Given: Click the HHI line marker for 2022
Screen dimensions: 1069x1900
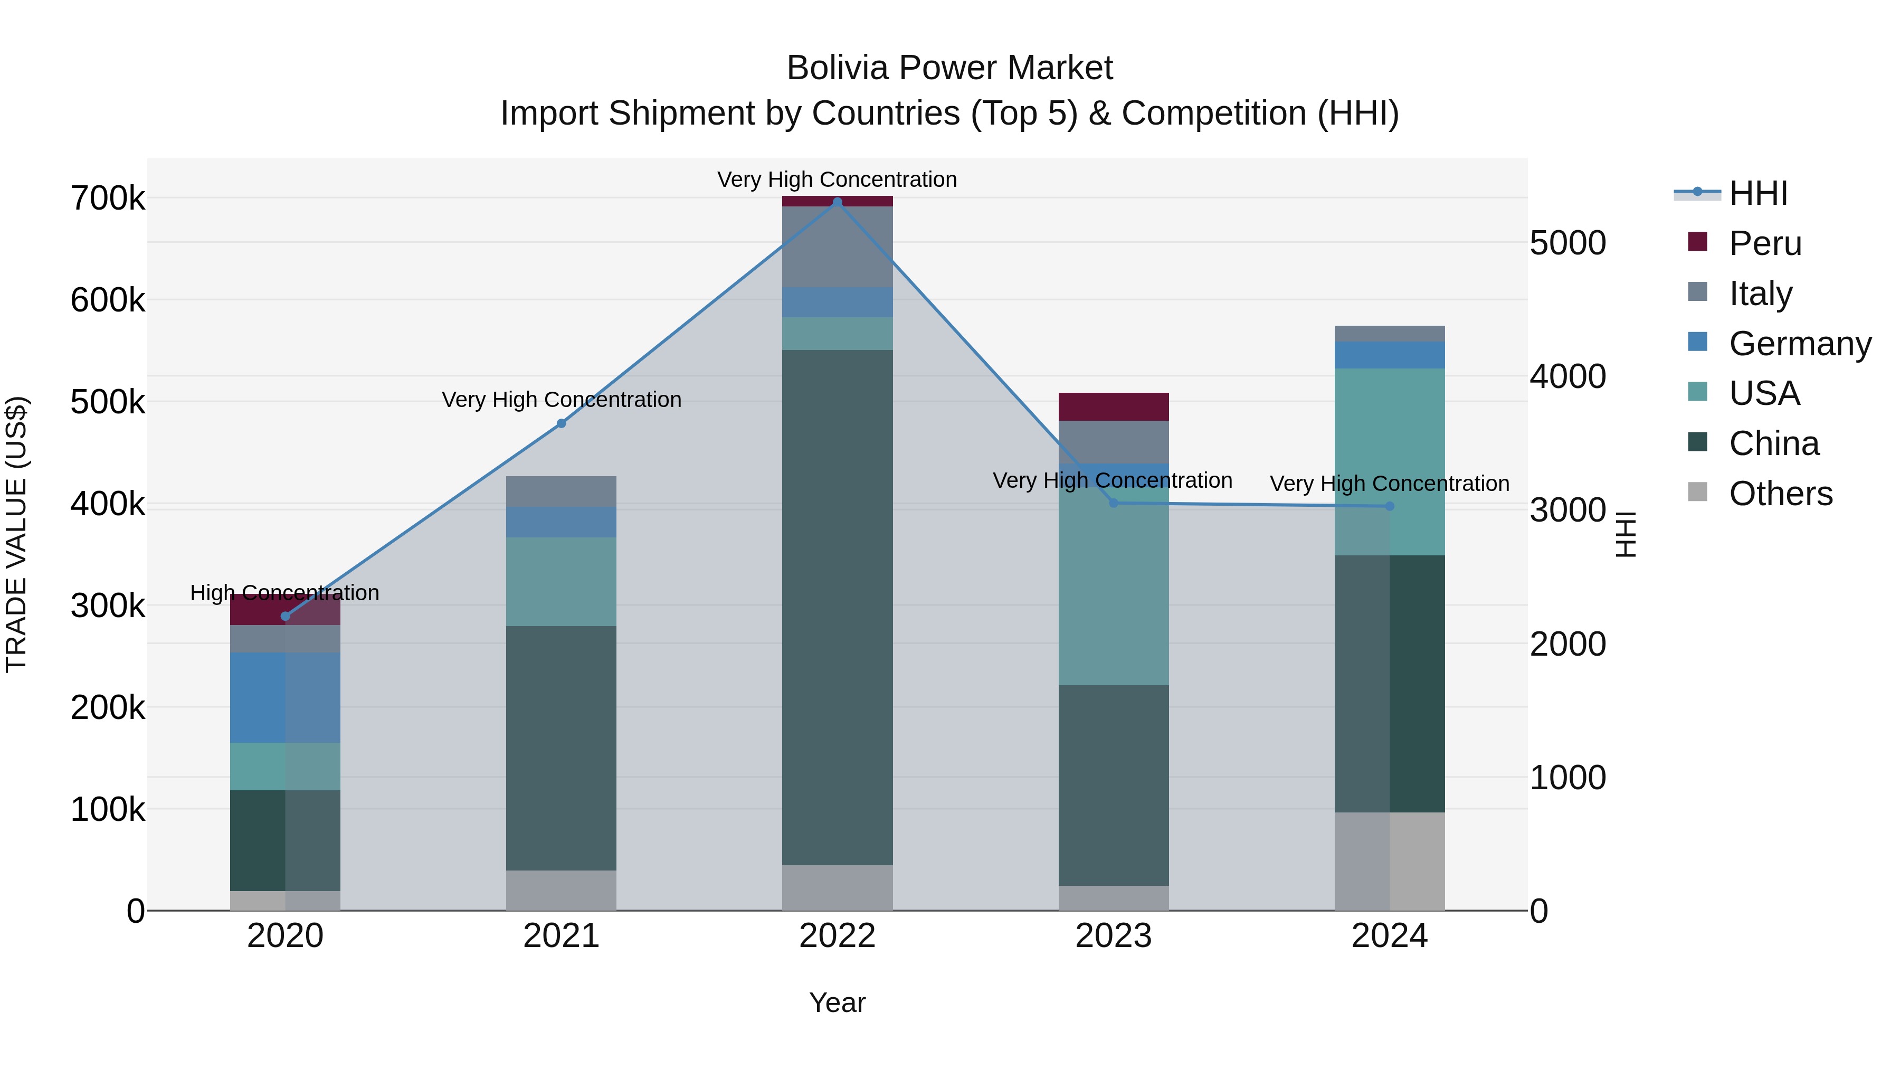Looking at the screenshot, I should pyautogui.click(x=837, y=202).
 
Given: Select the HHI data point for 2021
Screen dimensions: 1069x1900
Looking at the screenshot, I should pyautogui.click(x=562, y=423).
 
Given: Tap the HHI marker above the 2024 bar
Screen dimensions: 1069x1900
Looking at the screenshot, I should pyautogui.click(x=1390, y=506).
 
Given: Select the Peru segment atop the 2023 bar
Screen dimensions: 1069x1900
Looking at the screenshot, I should pyautogui.click(x=1114, y=406).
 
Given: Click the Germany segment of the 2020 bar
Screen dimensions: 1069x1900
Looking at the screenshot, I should pyautogui.click(x=286, y=697).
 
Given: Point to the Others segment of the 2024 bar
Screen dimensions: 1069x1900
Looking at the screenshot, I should pyautogui.click(x=1390, y=861).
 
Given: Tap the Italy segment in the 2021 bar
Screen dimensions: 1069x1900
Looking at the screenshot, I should pyautogui.click(x=562, y=491).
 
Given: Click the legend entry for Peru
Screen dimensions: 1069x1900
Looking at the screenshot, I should pyautogui.click(x=1765, y=243).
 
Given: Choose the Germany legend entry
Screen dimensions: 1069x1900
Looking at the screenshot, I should pyautogui.click(x=1800, y=344).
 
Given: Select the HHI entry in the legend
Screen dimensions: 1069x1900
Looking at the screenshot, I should pyautogui.click(x=1759, y=193).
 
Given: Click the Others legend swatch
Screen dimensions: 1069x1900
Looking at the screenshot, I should pyautogui.click(x=1697, y=492).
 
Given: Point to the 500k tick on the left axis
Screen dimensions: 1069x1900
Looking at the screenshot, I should pyautogui.click(x=108, y=403).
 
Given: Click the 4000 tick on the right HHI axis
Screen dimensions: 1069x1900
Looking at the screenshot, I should pyautogui.click(x=1567, y=377).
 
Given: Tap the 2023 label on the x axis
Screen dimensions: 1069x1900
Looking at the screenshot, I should pyautogui.click(x=1114, y=936).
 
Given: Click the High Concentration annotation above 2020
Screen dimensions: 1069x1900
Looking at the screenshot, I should pyautogui.click(x=284, y=593).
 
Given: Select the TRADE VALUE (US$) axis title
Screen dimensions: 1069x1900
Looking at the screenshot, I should pyautogui.click(x=16, y=534).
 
